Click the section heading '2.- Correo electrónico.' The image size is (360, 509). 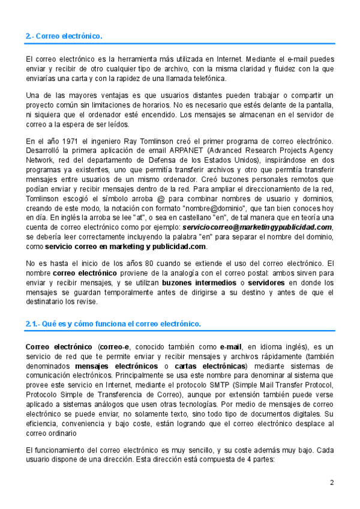click(64, 37)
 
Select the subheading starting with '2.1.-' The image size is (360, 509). click(113, 324)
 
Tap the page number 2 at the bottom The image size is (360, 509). click(331, 483)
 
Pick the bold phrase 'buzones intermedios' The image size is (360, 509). click(195, 282)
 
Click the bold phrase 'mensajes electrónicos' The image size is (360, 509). click(115, 367)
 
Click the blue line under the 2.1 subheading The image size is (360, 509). click(180, 331)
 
